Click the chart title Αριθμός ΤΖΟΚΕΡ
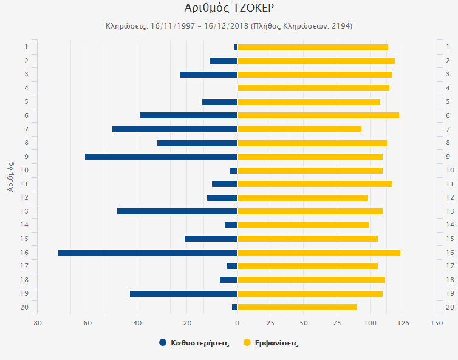(x=229, y=8)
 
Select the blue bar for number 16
(x=147, y=253)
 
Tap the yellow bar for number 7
(x=299, y=129)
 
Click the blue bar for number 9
(x=161, y=157)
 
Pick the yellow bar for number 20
(x=296, y=307)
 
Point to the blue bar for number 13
(x=177, y=211)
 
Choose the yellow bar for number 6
(x=318, y=115)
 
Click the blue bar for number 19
(x=183, y=294)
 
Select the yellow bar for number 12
(x=302, y=198)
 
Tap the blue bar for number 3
(x=208, y=75)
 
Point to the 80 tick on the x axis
(x=38, y=323)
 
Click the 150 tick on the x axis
(x=436, y=323)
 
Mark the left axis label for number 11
(x=26, y=184)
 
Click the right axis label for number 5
(x=449, y=102)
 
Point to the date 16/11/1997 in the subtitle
(x=171, y=26)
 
